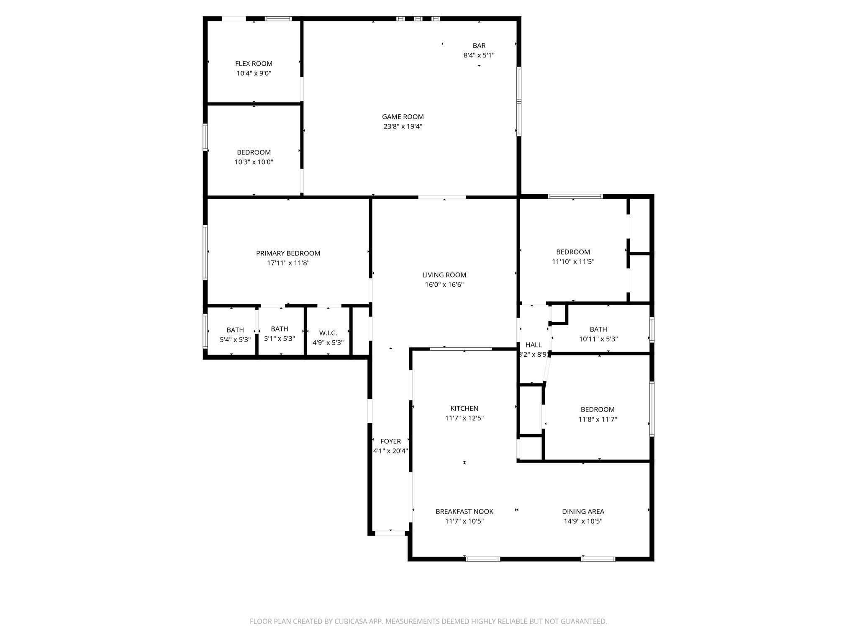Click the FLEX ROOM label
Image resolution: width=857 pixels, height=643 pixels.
tap(254, 64)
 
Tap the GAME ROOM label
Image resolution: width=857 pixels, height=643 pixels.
tap(403, 117)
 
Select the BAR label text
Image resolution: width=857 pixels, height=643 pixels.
tap(479, 46)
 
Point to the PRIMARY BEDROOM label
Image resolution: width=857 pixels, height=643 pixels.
tap(288, 253)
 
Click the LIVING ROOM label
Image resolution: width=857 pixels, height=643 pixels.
tap(444, 275)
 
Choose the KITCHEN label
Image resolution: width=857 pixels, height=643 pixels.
tap(464, 409)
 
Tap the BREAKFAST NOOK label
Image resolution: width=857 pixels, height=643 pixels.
tap(464, 512)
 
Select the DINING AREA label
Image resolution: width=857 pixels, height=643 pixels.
tap(583, 512)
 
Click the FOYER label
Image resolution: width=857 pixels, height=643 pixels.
tap(390, 441)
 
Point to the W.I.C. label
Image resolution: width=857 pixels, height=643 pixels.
tap(328, 333)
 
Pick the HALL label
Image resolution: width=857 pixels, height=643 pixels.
tap(534, 345)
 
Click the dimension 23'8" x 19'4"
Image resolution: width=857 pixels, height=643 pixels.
tap(403, 126)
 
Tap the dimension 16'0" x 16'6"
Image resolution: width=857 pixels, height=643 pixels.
tap(444, 285)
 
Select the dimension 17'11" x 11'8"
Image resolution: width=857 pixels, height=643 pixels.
tap(288, 263)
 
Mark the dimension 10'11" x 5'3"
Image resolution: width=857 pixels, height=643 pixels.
tap(598, 339)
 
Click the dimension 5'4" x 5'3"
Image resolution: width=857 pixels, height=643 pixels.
tap(235, 340)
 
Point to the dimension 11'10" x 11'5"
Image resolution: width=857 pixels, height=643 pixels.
tap(573, 262)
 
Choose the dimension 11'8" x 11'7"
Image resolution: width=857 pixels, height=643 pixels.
tap(598, 419)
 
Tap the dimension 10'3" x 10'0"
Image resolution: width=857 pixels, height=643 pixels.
tap(254, 162)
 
